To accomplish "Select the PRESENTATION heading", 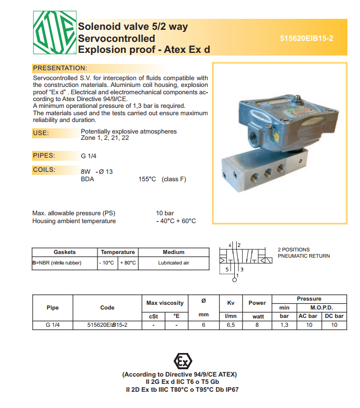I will pos(59,69).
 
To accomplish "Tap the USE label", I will pos(41,133).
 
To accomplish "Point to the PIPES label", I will pos(45,156).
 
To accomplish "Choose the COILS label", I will pos(45,170).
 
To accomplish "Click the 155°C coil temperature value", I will pos(147,179).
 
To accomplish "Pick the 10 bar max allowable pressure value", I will pos(165,213).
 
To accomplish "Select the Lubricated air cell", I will pos(173,263).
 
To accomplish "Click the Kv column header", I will pos(231,303).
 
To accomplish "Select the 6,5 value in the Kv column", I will pos(231,325).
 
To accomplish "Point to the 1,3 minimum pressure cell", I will pos(285,325).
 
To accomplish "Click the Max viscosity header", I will pos(165,303).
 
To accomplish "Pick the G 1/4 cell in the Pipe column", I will pos(52,325).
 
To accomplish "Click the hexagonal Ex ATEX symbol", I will pos(182,361).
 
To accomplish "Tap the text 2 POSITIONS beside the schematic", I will pos(293,250).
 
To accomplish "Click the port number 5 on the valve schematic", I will pos(227,269).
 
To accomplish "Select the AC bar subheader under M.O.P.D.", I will pos(308,316).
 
